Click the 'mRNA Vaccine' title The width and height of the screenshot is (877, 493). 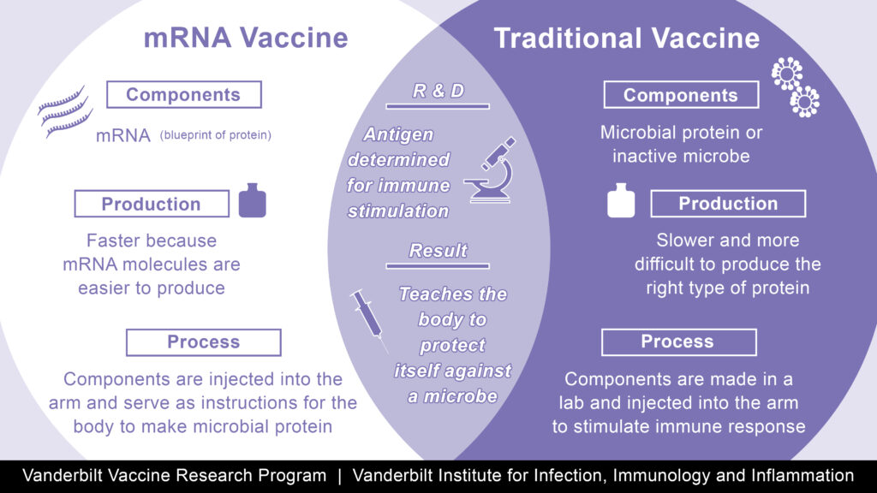(x=246, y=38)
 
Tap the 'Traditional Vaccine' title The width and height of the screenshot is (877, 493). (x=626, y=38)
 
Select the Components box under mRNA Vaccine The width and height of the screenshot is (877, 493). (x=183, y=94)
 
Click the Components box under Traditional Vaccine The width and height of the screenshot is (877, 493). (x=681, y=95)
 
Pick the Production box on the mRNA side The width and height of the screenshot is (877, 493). (x=152, y=204)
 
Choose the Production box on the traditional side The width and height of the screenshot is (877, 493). (x=728, y=204)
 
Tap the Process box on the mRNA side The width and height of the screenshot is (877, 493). (x=204, y=342)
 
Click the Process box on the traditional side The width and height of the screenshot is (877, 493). (x=678, y=342)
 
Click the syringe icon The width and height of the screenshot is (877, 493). (x=368, y=320)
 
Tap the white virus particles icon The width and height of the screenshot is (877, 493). (x=795, y=87)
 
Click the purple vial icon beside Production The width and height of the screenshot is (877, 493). (x=253, y=200)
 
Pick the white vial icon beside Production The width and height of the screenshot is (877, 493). (x=621, y=200)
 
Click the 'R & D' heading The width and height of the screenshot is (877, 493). (x=438, y=91)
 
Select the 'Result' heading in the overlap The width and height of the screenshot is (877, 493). (x=438, y=251)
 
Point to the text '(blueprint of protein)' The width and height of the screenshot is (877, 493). (x=215, y=135)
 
